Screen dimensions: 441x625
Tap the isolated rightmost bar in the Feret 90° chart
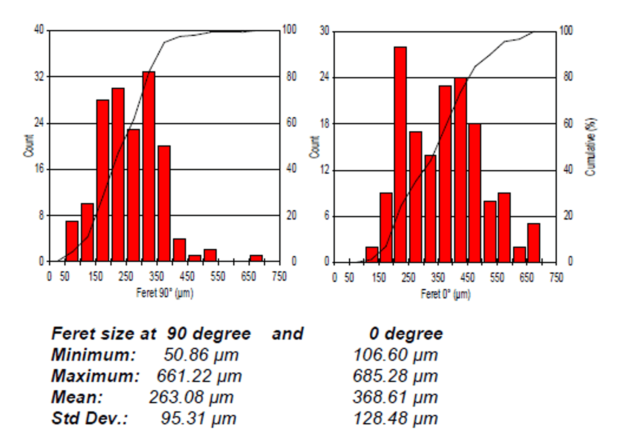coord(256,258)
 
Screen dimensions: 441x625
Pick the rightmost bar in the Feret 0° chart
coord(534,243)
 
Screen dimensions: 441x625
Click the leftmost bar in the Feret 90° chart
coord(72,241)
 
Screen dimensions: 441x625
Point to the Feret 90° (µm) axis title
coord(165,293)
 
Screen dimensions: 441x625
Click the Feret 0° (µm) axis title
coord(445,294)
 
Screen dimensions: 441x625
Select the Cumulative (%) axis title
coord(591,147)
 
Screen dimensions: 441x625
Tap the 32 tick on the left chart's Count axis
coord(39,76)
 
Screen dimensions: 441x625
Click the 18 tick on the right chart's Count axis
coord(324,123)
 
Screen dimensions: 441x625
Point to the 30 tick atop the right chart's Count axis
coord(324,31)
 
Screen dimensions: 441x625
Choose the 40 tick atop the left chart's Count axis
coord(39,30)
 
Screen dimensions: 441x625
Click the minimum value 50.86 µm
coord(201,355)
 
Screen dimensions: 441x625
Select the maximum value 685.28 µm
coord(395,376)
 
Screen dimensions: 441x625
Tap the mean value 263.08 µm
coord(191,397)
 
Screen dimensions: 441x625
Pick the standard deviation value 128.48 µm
coord(395,418)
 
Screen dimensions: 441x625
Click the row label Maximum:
coord(95,376)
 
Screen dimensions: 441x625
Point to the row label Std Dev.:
coord(89,418)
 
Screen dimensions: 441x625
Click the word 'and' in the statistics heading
coord(288,334)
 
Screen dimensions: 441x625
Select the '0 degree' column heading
coord(406,334)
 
